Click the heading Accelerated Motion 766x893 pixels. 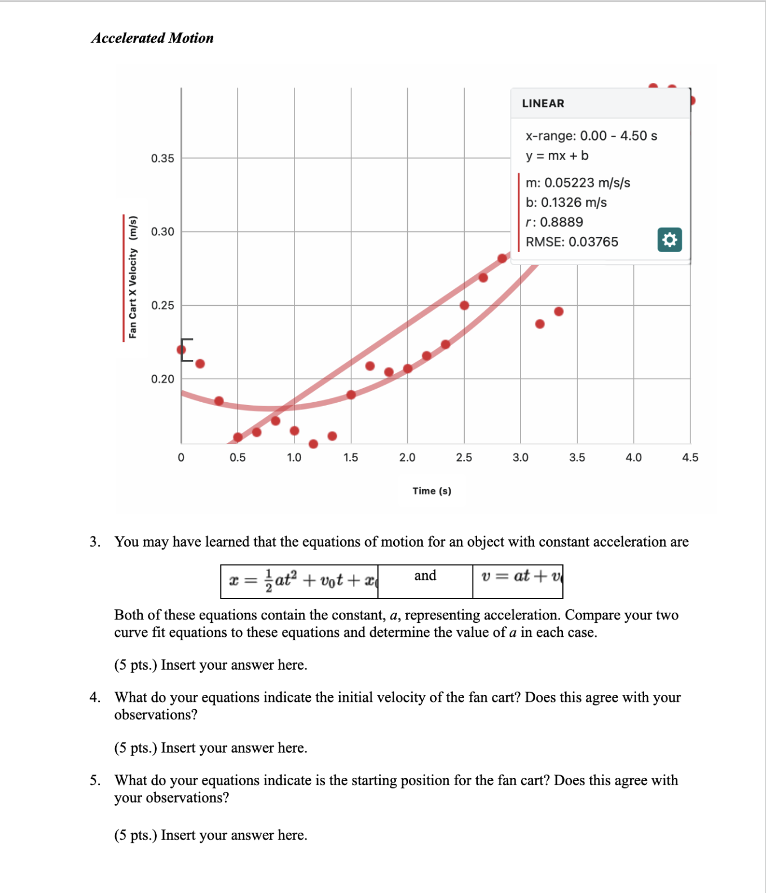[x=152, y=38]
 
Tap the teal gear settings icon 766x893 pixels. [x=670, y=240]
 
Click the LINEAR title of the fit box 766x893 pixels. [x=543, y=103]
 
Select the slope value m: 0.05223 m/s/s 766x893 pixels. [x=578, y=183]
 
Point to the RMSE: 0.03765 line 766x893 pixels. [x=571, y=242]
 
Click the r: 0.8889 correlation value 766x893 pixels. [x=554, y=222]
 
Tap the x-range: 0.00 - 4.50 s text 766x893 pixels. [x=591, y=136]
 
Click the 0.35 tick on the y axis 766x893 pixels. [x=162, y=159]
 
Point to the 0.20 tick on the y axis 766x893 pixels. [x=162, y=379]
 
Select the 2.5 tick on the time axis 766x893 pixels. [x=464, y=458]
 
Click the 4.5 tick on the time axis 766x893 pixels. [x=690, y=458]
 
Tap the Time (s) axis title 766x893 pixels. [x=432, y=491]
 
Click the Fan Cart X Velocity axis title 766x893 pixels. [x=133, y=278]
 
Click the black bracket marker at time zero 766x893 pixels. [x=186, y=350]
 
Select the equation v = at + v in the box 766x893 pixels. [x=521, y=577]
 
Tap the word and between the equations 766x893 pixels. [x=425, y=575]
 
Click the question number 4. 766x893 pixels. [x=95, y=698]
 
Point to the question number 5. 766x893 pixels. [x=95, y=781]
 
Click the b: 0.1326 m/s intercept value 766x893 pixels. [x=566, y=203]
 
